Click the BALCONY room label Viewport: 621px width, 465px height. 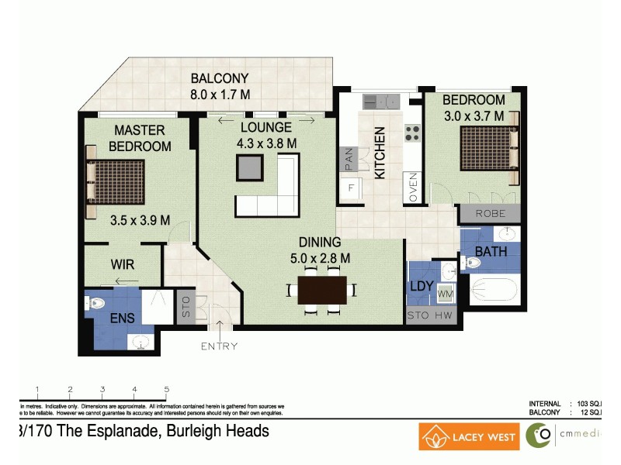pyautogui.click(x=220, y=78)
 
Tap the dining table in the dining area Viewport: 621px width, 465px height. pyautogui.click(x=321, y=291)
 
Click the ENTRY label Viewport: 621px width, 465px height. pyautogui.click(x=219, y=346)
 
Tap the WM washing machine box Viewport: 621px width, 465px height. pyautogui.click(x=446, y=294)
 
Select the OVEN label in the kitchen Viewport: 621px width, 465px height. pyautogui.click(x=414, y=188)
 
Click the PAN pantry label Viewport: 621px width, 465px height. pyautogui.click(x=349, y=160)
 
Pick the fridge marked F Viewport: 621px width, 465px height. pyautogui.click(x=351, y=188)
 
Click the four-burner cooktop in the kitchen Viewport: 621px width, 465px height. pyautogui.click(x=411, y=133)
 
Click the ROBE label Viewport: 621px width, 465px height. pyautogui.click(x=490, y=213)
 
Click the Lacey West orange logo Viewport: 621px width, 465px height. pyautogui.click(x=469, y=437)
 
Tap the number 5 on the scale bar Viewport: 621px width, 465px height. pyautogui.click(x=167, y=390)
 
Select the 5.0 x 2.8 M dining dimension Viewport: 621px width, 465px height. pyautogui.click(x=319, y=258)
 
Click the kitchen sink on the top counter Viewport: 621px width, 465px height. pyautogui.click(x=380, y=101)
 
